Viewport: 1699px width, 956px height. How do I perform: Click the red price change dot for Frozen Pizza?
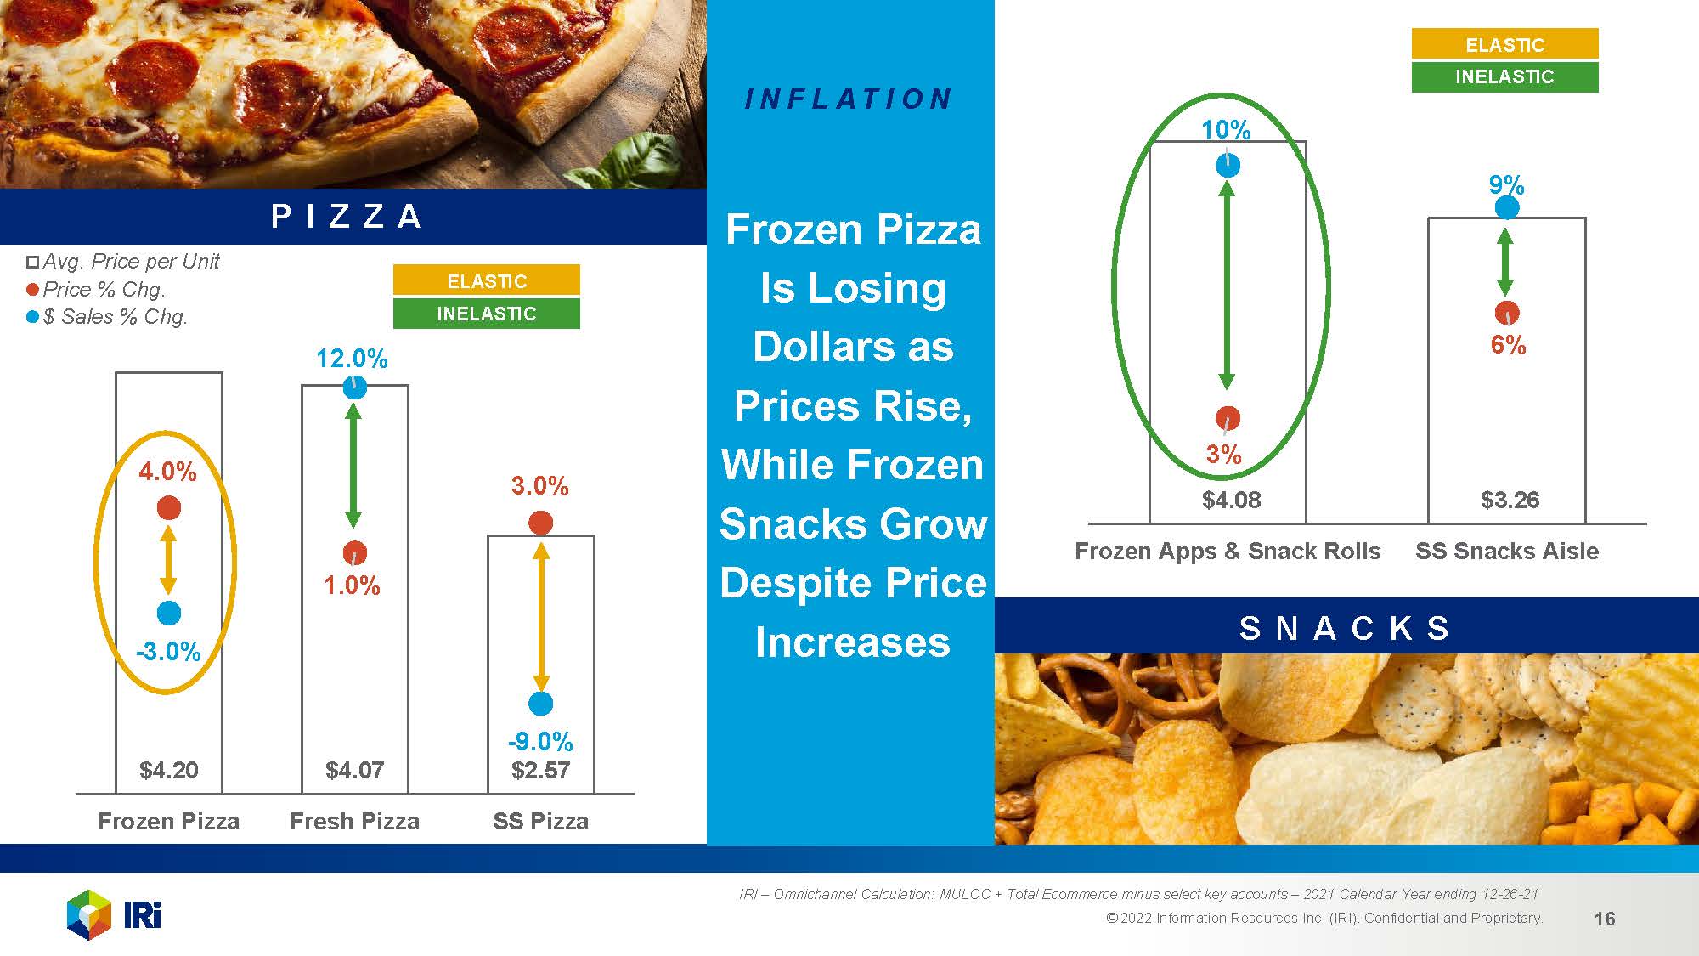(x=169, y=508)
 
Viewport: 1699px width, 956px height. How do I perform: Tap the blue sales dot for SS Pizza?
(x=540, y=704)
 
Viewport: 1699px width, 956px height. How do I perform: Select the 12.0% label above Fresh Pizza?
(x=352, y=359)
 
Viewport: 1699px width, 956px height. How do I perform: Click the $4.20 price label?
(x=169, y=770)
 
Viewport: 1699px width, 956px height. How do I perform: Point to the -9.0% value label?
(x=540, y=742)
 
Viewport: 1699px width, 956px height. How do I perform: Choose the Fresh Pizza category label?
(x=354, y=821)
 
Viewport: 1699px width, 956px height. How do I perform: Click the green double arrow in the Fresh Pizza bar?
(x=354, y=466)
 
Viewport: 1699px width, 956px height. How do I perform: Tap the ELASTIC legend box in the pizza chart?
(x=486, y=280)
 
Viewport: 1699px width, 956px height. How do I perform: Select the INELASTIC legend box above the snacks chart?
(x=1504, y=76)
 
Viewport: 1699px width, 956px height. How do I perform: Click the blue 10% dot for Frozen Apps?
(x=1228, y=165)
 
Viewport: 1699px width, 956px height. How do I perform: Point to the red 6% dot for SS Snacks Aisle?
(x=1507, y=313)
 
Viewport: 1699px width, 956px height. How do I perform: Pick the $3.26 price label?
(x=1510, y=500)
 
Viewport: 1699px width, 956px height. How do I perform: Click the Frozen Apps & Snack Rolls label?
(x=1228, y=551)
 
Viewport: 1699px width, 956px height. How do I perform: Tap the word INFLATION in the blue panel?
(x=848, y=99)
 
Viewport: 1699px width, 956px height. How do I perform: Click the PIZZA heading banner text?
(x=347, y=216)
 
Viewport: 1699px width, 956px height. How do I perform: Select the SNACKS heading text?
(x=1345, y=628)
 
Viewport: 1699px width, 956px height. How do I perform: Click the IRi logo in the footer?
(x=114, y=915)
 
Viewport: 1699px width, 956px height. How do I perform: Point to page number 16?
(x=1605, y=919)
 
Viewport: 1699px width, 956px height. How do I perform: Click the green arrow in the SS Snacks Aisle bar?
(x=1505, y=263)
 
